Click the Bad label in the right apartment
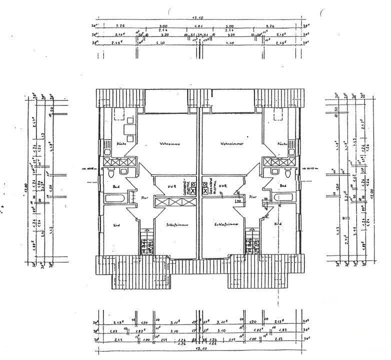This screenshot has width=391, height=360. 282,185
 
